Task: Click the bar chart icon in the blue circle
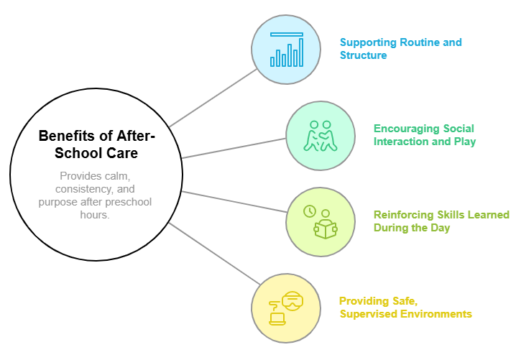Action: [286, 50]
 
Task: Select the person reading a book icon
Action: [325, 226]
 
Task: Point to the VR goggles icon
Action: [292, 300]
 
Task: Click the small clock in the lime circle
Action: [310, 211]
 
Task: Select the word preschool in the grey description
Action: [125, 202]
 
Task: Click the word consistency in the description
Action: [75, 188]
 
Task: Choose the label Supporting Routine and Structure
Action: [400, 49]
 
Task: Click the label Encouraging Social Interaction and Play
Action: [424, 135]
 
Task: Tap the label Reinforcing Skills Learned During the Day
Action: [441, 221]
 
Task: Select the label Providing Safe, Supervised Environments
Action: [405, 308]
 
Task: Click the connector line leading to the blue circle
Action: [213, 96]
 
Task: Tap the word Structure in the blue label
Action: [363, 55]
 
